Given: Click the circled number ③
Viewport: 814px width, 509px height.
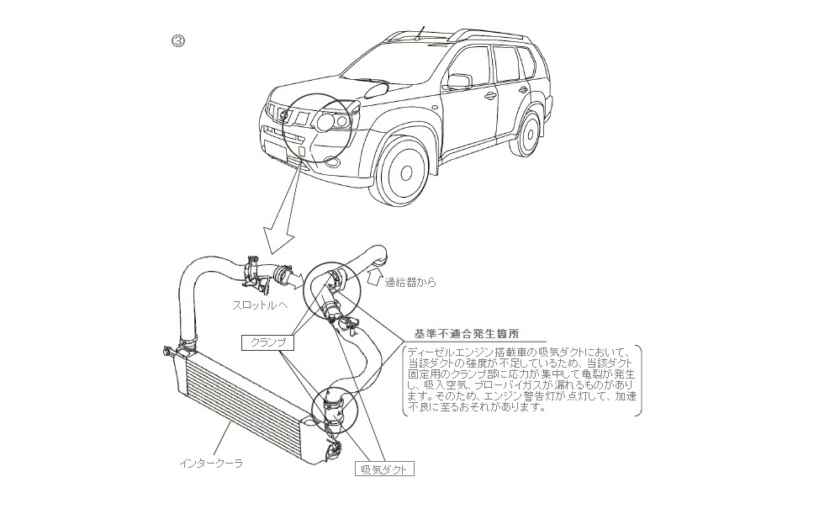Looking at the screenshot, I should pyautogui.click(x=178, y=40).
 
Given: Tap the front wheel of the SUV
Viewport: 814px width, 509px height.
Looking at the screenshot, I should pyautogui.click(x=405, y=172).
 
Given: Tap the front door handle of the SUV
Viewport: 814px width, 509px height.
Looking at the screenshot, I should pyautogui.click(x=490, y=95).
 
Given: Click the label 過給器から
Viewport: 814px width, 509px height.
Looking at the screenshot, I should pyautogui.click(x=410, y=283).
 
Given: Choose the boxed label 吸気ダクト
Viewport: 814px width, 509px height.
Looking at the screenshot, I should pyautogui.click(x=383, y=469).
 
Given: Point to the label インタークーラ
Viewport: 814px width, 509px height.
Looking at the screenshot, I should pyautogui.click(x=211, y=463).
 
